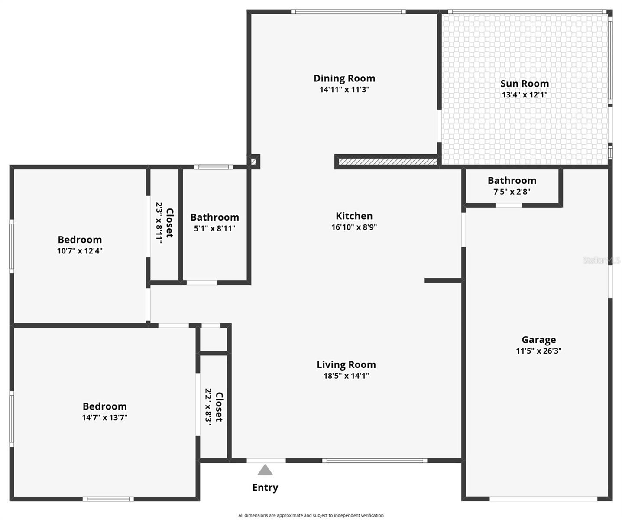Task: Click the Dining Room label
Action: click(344, 78)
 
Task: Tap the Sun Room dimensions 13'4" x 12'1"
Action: click(525, 95)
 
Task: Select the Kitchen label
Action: click(354, 216)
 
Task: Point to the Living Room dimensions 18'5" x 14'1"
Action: click(346, 376)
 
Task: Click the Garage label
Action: click(538, 340)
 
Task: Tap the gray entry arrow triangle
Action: click(265, 470)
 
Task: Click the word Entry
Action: click(265, 487)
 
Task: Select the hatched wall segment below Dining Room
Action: click(387, 162)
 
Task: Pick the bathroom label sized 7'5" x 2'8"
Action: click(512, 181)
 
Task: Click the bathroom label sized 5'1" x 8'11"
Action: click(214, 217)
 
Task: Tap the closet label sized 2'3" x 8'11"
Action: click(169, 223)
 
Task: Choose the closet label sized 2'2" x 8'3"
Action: click(219, 407)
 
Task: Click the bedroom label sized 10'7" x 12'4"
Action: click(80, 240)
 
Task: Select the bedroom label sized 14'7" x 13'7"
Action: click(105, 406)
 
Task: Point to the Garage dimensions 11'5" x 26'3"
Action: click(538, 351)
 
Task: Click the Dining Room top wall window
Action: click(348, 12)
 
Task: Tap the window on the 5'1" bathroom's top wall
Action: click(214, 167)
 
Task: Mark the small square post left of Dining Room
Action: click(254, 161)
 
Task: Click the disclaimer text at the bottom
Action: click(311, 515)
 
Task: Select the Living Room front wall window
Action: click(375, 461)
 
